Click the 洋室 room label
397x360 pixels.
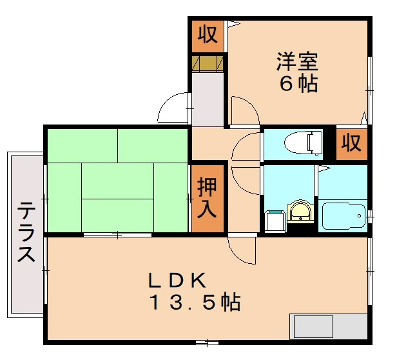[298, 63]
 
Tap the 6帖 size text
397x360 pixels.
[298, 84]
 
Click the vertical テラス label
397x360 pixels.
[26, 232]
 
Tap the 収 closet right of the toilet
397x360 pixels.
[351, 143]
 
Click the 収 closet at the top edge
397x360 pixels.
[207, 34]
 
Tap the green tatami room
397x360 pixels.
[116, 180]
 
